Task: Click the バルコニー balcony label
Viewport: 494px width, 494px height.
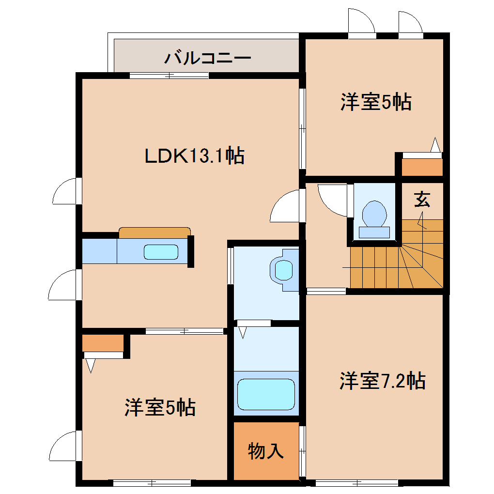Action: point(207,58)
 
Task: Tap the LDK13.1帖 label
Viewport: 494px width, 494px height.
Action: point(194,155)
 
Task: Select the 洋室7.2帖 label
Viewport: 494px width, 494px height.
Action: point(383,381)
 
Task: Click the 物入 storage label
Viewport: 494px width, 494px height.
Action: point(266,451)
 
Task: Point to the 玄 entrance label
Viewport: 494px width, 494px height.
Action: point(422,199)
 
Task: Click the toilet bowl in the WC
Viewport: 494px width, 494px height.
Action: point(374,214)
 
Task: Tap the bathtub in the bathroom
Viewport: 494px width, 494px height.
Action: point(266,394)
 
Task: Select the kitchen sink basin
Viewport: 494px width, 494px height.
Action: point(161,252)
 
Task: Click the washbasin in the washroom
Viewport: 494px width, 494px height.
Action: point(284,270)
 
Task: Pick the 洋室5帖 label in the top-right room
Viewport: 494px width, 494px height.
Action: point(376,102)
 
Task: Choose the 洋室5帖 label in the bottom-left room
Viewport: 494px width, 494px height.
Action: point(160,407)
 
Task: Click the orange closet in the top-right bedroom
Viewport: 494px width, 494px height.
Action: point(422,167)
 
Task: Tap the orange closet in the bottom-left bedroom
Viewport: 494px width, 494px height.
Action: point(103,343)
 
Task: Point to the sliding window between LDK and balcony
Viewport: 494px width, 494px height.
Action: point(169,76)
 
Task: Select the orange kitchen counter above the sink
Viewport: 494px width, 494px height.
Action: point(154,233)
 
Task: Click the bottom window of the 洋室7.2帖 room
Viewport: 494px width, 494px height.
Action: point(357,483)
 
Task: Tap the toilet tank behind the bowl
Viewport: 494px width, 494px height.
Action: point(374,232)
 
